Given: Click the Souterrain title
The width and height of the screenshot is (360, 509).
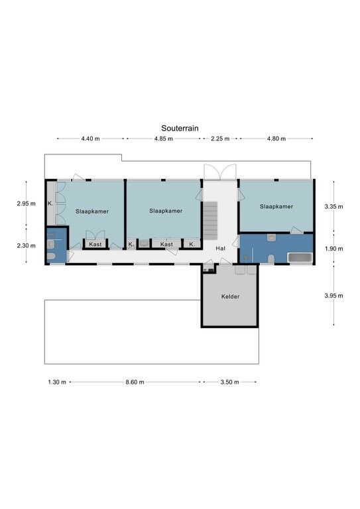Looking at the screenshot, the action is click(180, 128).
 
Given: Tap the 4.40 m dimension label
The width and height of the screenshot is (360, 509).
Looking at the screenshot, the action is click(91, 139).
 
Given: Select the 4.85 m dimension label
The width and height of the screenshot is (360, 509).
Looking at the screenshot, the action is click(164, 139).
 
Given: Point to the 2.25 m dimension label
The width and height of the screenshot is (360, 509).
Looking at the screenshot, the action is click(220, 139).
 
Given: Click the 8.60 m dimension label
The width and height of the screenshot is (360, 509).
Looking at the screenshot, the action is click(135, 382).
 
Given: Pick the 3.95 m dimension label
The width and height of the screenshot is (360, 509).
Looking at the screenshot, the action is click(333, 296).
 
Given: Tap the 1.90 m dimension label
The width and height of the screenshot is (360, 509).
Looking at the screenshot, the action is click(333, 249).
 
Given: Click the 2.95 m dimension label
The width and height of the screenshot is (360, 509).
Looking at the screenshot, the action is click(27, 203).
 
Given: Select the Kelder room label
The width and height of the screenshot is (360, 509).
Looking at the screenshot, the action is click(231, 296).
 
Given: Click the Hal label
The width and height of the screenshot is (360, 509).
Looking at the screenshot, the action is click(220, 249).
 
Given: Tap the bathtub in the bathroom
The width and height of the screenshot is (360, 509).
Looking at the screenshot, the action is click(300, 258).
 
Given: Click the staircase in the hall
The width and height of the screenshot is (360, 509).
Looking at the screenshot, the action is click(210, 221).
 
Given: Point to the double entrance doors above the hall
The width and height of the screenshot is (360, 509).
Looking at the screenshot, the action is click(219, 172).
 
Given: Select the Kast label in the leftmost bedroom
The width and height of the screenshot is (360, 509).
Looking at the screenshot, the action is click(95, 244).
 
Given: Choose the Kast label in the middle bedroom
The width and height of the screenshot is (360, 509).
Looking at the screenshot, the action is click(167, 244).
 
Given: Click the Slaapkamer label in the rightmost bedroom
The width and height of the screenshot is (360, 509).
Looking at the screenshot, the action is click(276, 207).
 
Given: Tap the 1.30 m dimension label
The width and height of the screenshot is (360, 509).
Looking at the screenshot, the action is click(57, 382).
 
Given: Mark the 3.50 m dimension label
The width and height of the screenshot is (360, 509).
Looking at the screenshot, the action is click(230, 382).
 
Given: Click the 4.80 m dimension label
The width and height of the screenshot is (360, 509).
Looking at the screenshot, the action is click(276, 139).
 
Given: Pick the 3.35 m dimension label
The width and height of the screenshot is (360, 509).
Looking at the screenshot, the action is click(333, 207).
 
